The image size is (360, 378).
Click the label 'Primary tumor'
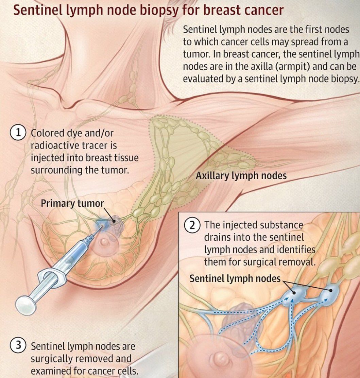[72, 203]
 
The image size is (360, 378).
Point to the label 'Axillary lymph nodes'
[241, 176]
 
